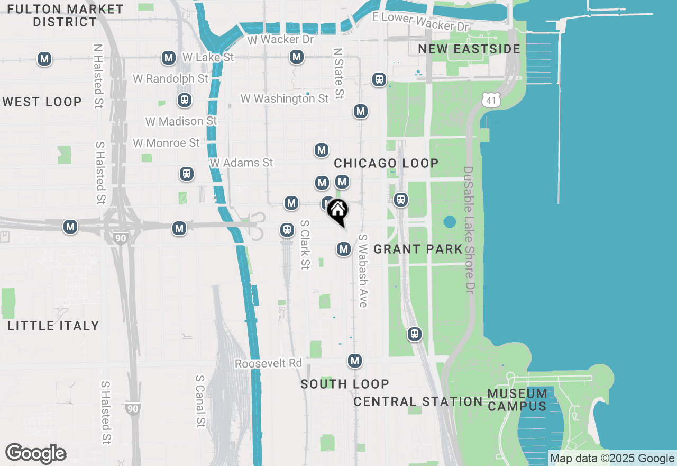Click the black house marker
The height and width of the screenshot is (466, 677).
[337, 211]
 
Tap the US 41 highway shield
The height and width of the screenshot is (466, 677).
[491, 99]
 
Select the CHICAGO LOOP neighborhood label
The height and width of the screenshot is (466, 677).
[386, 163]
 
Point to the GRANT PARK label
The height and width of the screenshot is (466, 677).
[418, 249]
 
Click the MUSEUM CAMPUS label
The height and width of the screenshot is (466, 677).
[517, 400]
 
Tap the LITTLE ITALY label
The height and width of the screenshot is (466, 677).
[53, 326]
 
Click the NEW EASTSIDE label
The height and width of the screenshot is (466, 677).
[469, 49]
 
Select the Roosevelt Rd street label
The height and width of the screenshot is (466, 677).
[268, 364]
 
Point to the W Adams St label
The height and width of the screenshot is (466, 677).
[241, 163]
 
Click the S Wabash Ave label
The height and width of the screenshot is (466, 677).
[363, 271]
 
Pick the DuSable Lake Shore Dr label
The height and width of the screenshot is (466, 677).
[469, 230]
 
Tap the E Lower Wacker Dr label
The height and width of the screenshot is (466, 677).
[420, 21]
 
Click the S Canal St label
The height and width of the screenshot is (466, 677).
[200, 401]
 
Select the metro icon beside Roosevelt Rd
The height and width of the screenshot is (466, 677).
[355, 361]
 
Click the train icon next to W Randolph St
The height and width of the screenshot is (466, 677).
[185, 100]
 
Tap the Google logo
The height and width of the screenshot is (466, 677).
[36, 454]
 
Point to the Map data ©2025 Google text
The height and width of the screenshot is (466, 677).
[612, 459]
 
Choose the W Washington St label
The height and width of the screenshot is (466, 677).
[285, 99]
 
